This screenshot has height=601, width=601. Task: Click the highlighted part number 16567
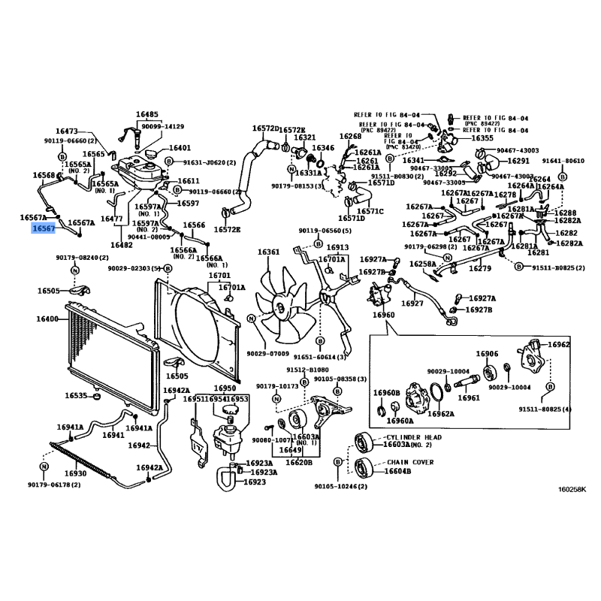43,228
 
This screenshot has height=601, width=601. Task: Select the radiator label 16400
47,319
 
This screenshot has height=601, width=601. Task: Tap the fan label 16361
268,252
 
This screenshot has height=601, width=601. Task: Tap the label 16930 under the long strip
75,473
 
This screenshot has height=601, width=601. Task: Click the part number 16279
480,267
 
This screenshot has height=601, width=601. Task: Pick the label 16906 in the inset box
486,354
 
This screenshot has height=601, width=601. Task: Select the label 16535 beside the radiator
76,396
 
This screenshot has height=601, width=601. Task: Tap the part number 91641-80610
563,161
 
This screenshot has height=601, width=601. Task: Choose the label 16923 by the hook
255,482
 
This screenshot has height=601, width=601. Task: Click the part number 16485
147,115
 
